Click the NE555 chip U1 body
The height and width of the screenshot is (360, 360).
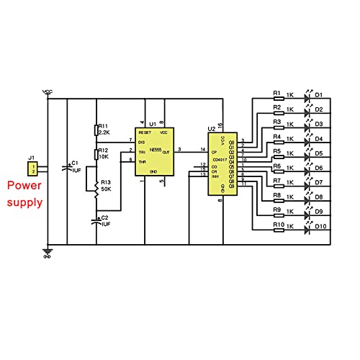[x=153, y=153]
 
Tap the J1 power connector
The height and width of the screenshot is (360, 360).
[x=32, y=168]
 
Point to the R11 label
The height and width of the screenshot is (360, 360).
[x=104, y=125]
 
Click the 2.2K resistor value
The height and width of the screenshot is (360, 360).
[x=104, y=132]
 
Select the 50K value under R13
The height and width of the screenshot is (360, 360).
[x=106, y=189]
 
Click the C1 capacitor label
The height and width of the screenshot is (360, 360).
[x=76, y=164]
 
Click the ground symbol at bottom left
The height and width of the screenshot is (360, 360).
[x=48, y=253]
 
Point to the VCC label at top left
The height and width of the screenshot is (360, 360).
[x=48, y=91]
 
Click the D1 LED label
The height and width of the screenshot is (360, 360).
[x=319, y=94]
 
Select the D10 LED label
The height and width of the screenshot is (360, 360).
[x=320, y=228]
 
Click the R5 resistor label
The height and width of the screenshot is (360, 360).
[x=277, y=151]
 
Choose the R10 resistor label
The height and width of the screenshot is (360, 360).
[x=278, y=225]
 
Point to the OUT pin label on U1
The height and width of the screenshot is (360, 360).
[x=166, y=152]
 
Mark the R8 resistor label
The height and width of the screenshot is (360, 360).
[x=277, y=196]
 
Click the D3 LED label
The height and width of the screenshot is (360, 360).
[x=319, y=124]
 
